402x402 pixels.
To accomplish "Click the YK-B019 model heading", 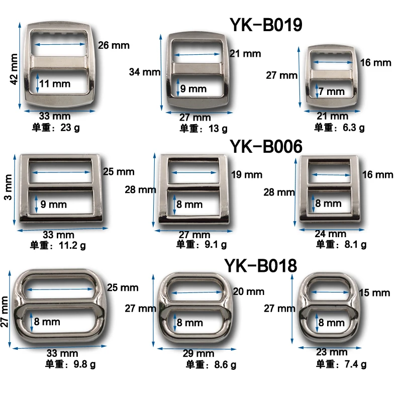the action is [266, 25].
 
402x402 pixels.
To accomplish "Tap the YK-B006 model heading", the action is [266, 146].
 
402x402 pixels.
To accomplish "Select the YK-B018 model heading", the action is [260, 266].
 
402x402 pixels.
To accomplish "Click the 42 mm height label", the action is [14, 69].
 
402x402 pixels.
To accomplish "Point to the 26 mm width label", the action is [114, 45].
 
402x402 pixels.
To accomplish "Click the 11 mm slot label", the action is [55, 84].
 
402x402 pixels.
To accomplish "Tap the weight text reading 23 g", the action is [70, 128].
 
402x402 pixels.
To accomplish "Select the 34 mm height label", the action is [145, 72].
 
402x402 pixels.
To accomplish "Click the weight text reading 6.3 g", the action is [354, 128].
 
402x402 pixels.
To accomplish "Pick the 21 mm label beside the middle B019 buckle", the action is [245, 54].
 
